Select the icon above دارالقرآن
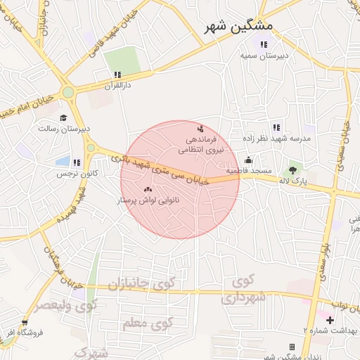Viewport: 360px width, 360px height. click(x=117, y=74)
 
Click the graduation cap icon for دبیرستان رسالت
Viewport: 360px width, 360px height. click(x=64, y=118)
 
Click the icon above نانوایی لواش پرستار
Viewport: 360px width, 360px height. click(x=148, y=190)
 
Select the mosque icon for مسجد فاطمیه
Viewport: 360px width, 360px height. click(x=248, y=160)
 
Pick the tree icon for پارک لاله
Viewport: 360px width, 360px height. click(x=292, y=169)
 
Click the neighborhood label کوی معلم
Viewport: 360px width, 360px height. click(x=147, y=323)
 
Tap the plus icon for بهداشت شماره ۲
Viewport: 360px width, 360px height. click(x=330, y=320)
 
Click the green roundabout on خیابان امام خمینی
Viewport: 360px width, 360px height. click(x=68, y=92)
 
